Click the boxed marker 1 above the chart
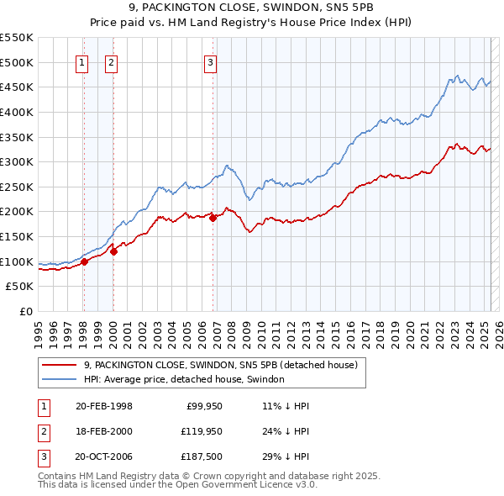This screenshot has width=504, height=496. pos(82,61)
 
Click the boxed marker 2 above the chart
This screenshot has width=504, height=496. pos(112,61)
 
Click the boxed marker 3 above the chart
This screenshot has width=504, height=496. pos(210,61)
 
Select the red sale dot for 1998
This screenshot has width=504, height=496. pos(84,261)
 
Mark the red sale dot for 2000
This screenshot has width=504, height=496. pos(113,251)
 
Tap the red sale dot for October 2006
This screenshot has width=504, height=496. pos(213,218)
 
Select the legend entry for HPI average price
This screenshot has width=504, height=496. pos(184,379)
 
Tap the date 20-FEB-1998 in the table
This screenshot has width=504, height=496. pos(103,405)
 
